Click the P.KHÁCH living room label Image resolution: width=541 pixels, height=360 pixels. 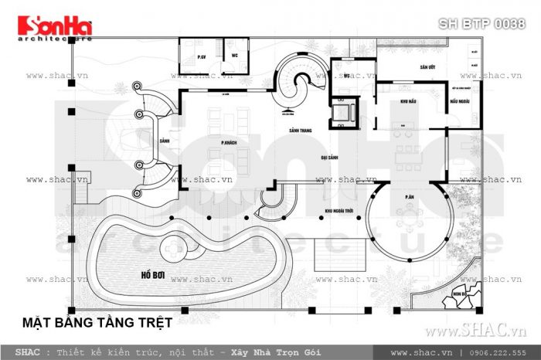click(228, 143)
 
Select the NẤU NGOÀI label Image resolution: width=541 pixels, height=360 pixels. click(459, 102)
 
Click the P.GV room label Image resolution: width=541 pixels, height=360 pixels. click(200, 58)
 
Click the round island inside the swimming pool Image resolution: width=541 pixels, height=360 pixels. click(172, 250)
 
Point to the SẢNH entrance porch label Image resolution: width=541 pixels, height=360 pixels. click(164, 141)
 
